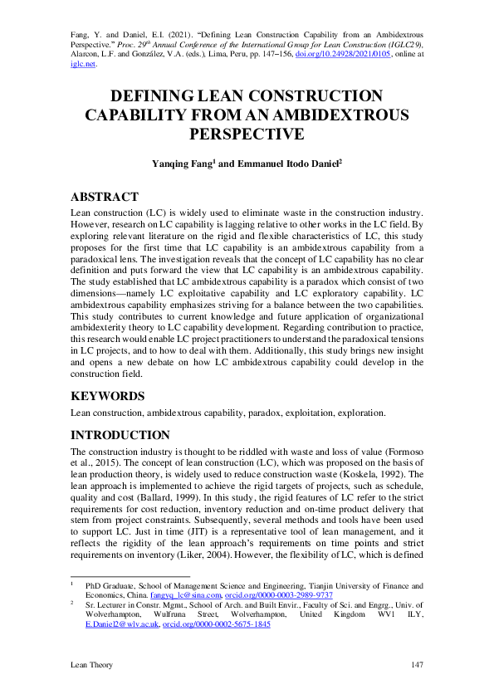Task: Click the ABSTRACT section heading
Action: click(105, 197)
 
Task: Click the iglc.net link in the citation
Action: click(83, 61)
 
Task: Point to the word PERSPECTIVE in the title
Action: click(247, 134)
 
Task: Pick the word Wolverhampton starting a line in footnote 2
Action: click(100, 614)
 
